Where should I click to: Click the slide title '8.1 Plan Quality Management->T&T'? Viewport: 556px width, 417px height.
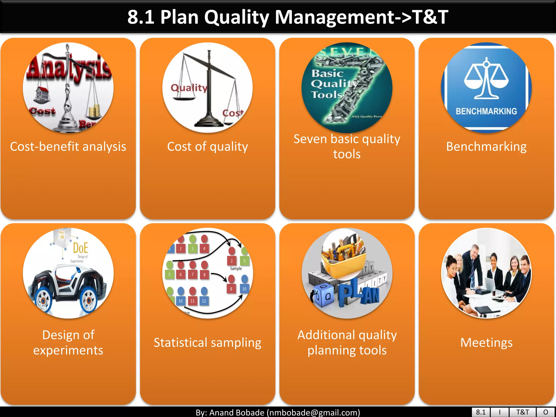point(288,17)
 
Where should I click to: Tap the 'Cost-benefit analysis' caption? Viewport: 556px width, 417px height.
point(68,147)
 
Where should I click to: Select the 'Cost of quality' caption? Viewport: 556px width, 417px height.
point(207,147)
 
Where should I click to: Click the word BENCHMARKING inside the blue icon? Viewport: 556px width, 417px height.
point(486,111)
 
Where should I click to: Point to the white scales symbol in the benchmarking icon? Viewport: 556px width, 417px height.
point(486,79)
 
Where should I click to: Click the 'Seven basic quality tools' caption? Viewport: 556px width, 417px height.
point(347,146)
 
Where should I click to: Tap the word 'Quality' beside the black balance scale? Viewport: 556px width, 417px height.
point(189,88)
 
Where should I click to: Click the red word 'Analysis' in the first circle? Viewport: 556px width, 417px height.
point(69,68)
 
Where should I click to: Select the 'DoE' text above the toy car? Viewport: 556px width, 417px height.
point(80,248)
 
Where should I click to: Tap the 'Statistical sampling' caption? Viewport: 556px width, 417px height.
point(207,343)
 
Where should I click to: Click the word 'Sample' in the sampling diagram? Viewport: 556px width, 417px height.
point(236,268)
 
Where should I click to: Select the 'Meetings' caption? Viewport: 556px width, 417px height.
point(486,343)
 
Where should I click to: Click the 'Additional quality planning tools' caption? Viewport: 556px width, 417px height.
point(347,343)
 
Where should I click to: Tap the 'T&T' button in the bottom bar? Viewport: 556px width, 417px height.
point(522,412)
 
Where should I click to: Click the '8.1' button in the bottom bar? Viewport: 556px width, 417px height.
point(481,412)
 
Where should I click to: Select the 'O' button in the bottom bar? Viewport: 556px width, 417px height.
point(546,412)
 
